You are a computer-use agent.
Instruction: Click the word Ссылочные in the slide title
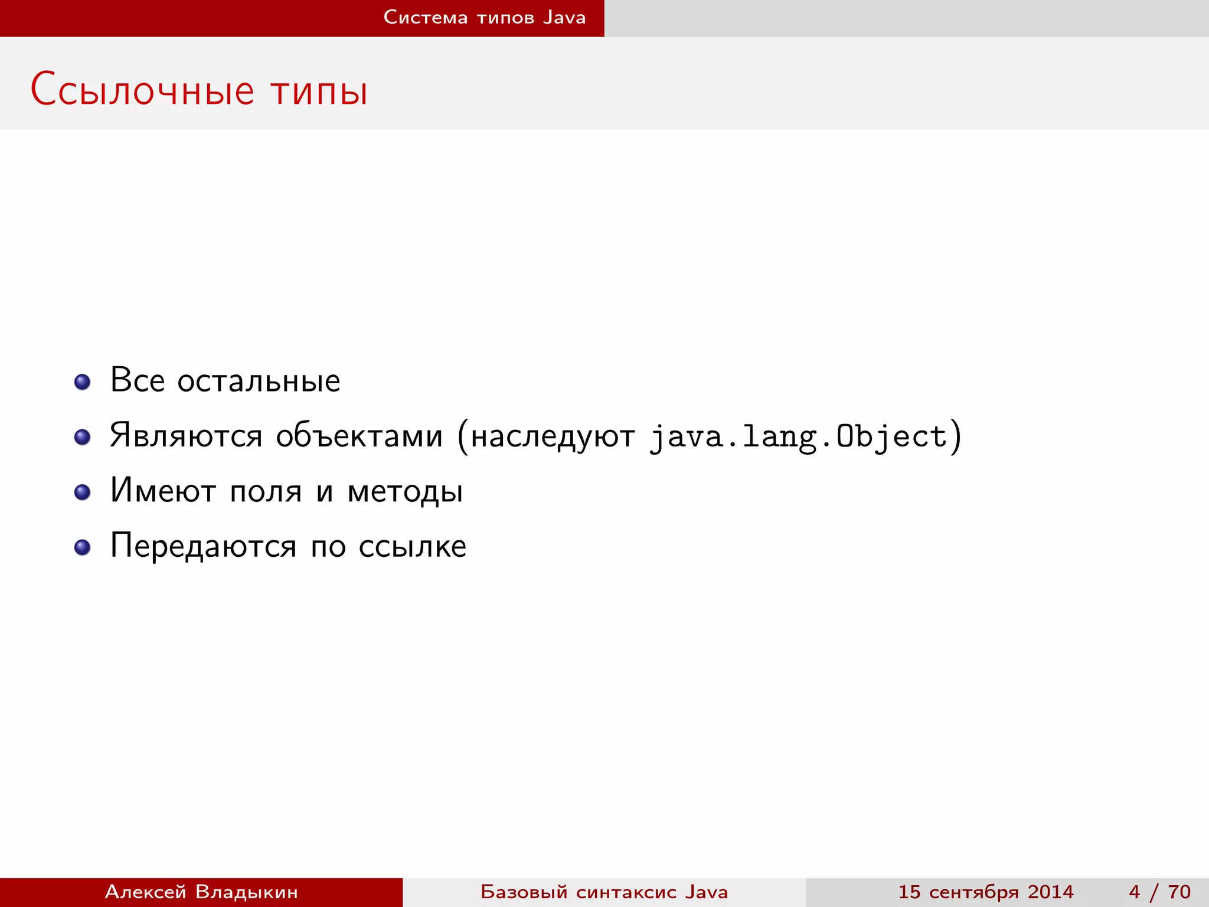[142, 90]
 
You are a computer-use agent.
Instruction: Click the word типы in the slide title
[319, 91]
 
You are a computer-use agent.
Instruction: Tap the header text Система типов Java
[484, 17]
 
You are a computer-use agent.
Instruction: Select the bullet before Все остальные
[83, 381]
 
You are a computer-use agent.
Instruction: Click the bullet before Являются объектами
[83, 437]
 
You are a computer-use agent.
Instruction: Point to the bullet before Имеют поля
[83, 492]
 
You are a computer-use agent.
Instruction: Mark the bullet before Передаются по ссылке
[83, 547]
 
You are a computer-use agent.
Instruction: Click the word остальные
[259, 380]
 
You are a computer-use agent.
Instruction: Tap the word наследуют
[553, 437]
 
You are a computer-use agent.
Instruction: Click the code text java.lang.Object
[798, 437]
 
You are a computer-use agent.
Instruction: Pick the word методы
[405, 492]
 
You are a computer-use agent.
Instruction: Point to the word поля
[266, 492]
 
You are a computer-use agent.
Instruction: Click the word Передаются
[203, 546]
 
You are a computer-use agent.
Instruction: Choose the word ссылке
[413, 546]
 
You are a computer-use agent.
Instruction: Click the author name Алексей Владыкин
[201, 892]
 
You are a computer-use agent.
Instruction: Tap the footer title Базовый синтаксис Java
[604, 892]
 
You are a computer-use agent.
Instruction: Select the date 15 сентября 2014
[985, 892]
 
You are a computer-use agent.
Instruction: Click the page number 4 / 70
[1159, 892]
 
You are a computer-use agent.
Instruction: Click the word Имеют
[163, 491]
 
